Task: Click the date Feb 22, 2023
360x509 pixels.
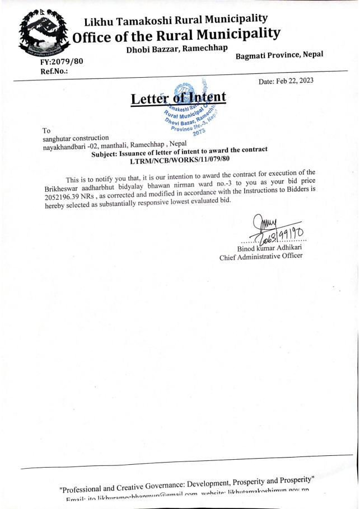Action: point(286,81)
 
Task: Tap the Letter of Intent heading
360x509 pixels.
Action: point(178,98)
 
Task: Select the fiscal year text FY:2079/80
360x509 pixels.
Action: point(60,60)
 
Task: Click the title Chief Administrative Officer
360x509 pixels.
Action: point(261,257)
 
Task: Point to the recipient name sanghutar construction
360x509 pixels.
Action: point(76,138)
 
